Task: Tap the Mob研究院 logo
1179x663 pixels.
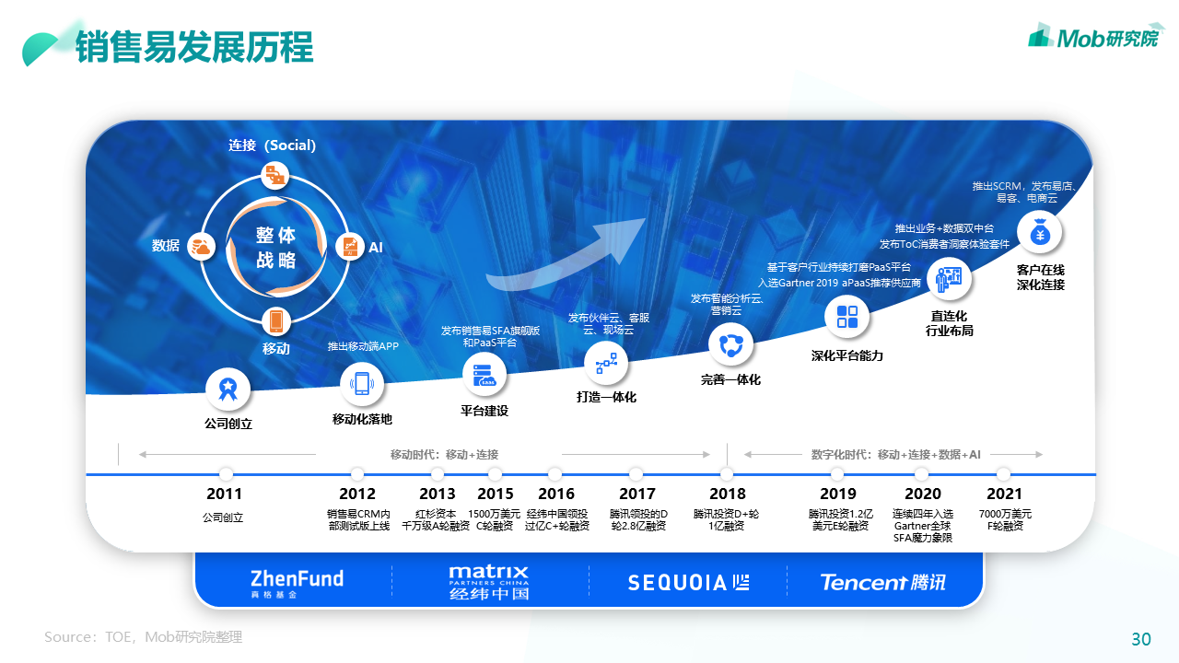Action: point(1095,37)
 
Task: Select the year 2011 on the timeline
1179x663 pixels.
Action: point(225,494)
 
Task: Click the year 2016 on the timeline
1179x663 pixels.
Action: point(556,494)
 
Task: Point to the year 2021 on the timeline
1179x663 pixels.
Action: point(1005,494)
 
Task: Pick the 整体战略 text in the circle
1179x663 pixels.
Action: point(275,248)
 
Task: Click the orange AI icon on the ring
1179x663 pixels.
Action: point(349,247)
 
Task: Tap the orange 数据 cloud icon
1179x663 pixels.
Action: point(202,247)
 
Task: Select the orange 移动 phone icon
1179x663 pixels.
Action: point(275,321)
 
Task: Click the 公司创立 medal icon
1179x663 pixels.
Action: point(226,388)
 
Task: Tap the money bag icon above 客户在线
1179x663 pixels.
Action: point(1040,233)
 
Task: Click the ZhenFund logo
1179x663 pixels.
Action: point(297,582)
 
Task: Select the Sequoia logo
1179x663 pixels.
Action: point(688,582)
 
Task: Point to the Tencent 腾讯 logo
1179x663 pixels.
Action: point(882,582)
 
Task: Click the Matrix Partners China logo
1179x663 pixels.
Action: point(489,582)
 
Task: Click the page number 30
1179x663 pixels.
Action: point(1141,639)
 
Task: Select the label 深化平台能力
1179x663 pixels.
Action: point(846,355)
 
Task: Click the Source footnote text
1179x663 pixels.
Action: point(143,637)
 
